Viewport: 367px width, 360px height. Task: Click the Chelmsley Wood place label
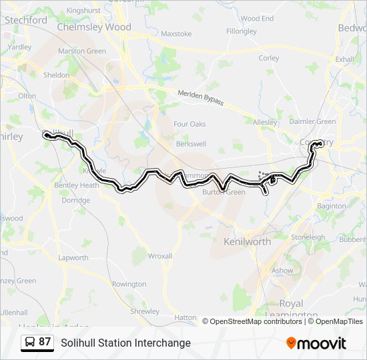coord(94,27)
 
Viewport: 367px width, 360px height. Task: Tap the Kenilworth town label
coord(248,241)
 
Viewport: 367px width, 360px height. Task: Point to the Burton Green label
coord(224,192)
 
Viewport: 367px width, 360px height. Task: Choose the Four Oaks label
coord(190,124)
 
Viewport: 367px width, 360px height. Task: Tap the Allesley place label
coord(265,121)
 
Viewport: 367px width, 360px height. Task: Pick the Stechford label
coord(25,20)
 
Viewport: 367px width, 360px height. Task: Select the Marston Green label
coord(82,51)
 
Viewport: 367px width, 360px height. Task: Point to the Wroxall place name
coord(160,256)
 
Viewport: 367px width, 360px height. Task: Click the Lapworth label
coord(73,258)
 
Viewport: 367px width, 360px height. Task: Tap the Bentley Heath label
coord(77,185)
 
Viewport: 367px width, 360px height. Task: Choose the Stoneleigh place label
coord(308,237)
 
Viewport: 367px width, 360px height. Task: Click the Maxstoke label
coord(176,33)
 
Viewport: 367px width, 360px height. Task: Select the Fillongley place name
coord(242,31)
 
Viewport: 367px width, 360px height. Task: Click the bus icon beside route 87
coord(29,342)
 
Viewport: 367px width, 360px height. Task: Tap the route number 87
coord(45,342)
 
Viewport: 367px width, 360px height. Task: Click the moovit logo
coord(316,343)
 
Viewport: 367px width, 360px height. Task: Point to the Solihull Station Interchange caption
coord(125,343)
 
